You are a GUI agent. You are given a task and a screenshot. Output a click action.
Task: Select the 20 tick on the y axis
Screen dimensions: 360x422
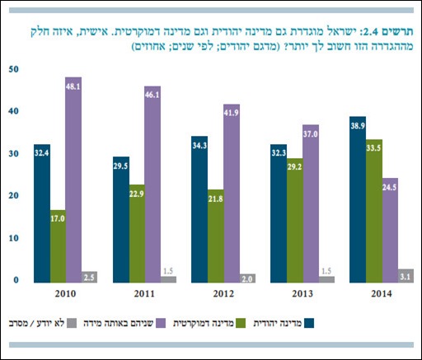(x=14, y=195)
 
